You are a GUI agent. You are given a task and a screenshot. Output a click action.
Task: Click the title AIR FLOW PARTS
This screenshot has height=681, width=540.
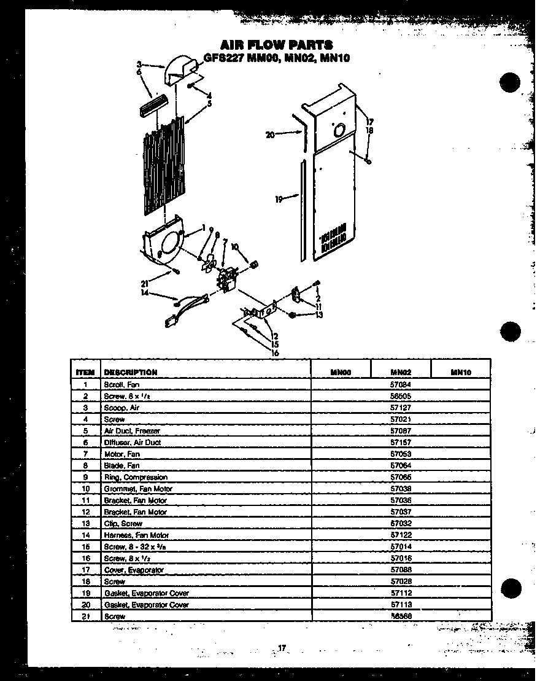pos(276,44)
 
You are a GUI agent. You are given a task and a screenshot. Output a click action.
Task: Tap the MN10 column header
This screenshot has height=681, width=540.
pos(460,372)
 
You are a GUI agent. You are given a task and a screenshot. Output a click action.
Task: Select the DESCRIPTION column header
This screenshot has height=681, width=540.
pos(131,372)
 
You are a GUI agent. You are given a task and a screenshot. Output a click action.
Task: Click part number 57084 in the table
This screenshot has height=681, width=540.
pos(400,384)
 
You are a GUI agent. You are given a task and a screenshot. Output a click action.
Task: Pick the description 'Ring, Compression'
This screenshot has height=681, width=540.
pos(136,477)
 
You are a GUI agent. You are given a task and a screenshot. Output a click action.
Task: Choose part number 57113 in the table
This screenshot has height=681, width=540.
pos(400,605)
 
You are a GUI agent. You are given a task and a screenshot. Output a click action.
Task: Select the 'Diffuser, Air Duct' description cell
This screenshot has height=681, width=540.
pos(133,442)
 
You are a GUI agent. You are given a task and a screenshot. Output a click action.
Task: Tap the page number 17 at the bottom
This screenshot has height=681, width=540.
pos(282,648)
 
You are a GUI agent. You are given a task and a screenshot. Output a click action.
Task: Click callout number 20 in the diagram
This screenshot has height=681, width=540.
pos(270,135)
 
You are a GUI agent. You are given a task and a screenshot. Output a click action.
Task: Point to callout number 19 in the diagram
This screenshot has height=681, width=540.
pos(279,199)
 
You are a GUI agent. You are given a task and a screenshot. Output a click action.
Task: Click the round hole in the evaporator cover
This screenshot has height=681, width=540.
pos(337,130)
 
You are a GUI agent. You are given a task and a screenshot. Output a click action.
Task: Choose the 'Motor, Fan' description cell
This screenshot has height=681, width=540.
pos(122,454)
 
